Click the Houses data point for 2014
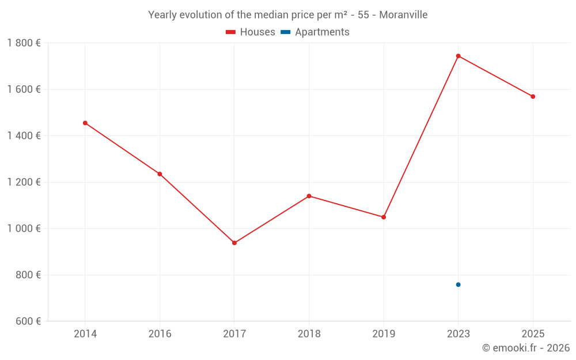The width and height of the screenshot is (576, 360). [85, 123]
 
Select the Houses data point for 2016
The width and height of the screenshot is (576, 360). [160, 174]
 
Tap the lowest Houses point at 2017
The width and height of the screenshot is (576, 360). [234, 243]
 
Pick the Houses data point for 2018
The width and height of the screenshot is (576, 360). [309, 196]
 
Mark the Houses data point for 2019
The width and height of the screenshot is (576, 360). [384, 217]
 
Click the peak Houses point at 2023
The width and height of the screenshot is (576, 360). [458, 56]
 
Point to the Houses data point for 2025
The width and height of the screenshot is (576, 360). [533, 97]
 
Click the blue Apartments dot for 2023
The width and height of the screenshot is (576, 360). [458, 285]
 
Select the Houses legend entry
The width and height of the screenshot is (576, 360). [251, 32]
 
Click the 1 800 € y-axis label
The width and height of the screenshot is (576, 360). [24, 43]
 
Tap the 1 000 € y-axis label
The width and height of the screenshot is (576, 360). [24, 229]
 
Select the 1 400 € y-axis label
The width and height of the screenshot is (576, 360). [24, 136]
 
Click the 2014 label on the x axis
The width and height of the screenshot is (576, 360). [85, 334]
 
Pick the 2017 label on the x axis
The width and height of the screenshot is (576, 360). [234, 334]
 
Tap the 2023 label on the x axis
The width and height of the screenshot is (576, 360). [458, 334]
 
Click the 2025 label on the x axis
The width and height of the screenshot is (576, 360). [533, 334]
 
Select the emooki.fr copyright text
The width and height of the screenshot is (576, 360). [526, 348]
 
